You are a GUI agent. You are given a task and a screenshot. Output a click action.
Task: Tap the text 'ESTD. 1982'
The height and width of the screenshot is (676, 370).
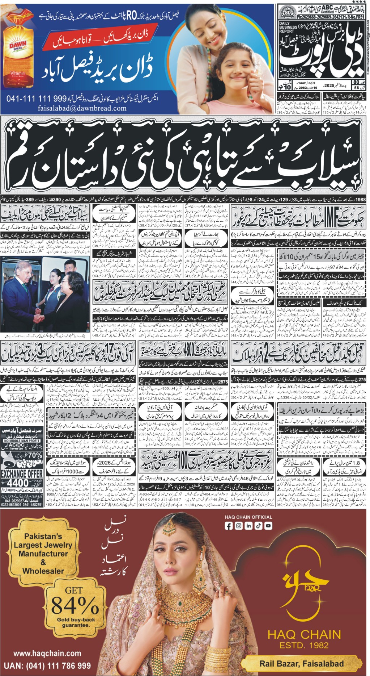(x=304, y=645)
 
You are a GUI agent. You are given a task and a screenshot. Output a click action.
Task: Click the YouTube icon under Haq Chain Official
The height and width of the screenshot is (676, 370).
(x=268, y=526)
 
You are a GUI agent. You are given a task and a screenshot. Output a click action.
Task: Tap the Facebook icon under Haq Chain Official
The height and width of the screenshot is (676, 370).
(x=229, y=526)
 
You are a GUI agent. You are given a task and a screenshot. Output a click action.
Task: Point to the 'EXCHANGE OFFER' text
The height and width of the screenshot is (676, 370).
(x=22, y=473)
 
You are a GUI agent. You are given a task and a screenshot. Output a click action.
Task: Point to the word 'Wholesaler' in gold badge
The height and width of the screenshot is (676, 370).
(x=43, y=571)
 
